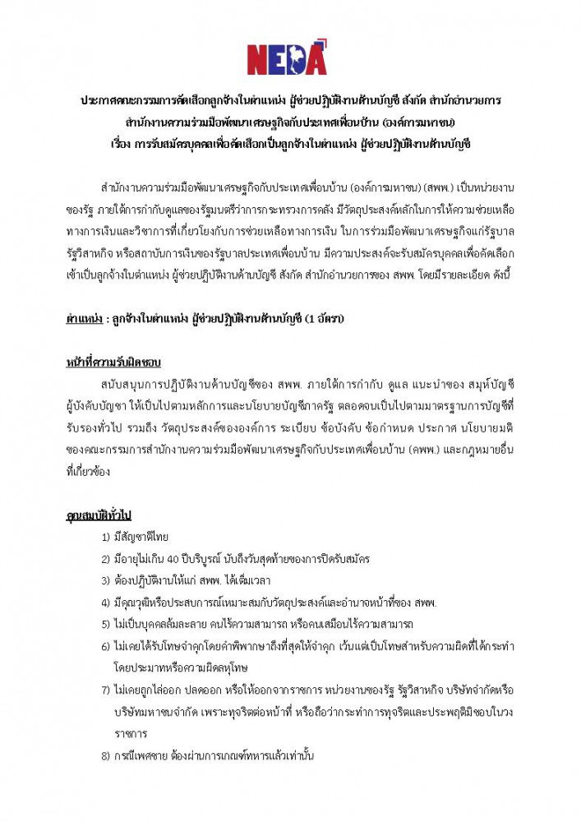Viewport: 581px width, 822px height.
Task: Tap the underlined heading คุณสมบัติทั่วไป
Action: click(x=99, y=515)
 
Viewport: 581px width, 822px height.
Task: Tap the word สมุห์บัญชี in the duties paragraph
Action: click(x=486, y=384)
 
